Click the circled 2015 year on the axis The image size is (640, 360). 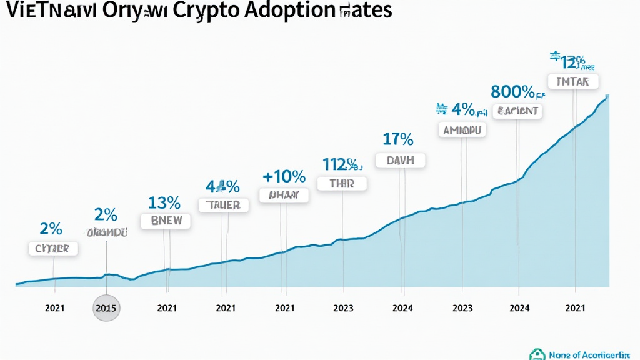(x=106, y=307)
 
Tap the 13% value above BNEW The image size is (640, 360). (x=164, y=202)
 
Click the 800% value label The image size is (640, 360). (x=513, y=92)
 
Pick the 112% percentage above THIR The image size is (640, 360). (x=341, y=164)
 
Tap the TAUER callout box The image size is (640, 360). (x=224, y=205)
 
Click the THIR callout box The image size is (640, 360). (x=342, y=184)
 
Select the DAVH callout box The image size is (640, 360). (x=401, y=160)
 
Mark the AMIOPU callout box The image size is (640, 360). (x=463, y=130)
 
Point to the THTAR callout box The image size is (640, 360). (x=573, y=82)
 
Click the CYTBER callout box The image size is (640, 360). (x=53, y=249)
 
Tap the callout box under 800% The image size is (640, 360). (x=518, y=112)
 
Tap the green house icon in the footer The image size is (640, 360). (x=536, y=354)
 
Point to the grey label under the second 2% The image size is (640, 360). (x=107, y=232)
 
